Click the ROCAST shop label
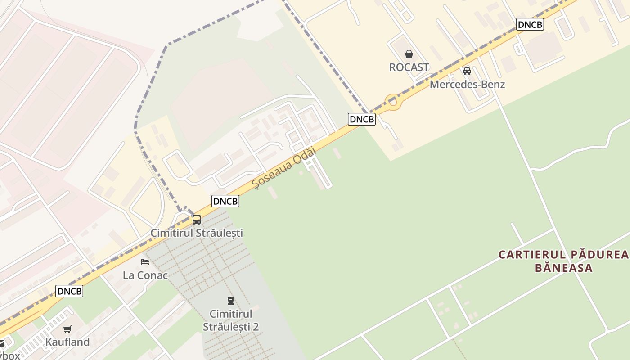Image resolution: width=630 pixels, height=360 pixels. point(409,67)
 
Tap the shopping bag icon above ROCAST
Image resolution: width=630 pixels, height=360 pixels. point(409,54)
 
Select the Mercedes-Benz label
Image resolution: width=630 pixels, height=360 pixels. point(467,84)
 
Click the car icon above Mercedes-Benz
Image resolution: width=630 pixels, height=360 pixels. point(467,71)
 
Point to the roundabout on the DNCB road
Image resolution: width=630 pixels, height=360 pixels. point(393,103)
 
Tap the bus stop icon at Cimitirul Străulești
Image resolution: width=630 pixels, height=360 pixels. point(197,220)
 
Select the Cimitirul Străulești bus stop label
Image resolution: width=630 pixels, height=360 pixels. point(197,233)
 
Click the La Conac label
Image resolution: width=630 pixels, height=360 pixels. point(145,275)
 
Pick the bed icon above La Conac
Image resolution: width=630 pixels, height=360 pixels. point(144,261)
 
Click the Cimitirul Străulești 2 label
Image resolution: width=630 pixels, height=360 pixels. point(231,320)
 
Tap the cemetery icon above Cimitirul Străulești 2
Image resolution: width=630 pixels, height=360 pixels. point(231,300)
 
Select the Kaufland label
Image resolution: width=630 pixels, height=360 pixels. point(67,342)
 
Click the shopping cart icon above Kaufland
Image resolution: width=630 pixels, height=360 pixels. point(67,329)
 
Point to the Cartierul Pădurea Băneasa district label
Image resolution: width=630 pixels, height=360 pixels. point(563,261)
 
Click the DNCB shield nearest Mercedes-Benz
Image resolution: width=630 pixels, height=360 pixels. point(530,24)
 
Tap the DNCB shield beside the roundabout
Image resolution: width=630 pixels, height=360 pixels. point(361,119)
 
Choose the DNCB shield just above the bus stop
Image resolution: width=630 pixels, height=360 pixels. point(225,201)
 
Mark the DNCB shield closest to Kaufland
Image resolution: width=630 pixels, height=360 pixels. point(69,291)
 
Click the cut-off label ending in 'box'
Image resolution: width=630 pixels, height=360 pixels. point(9,355)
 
